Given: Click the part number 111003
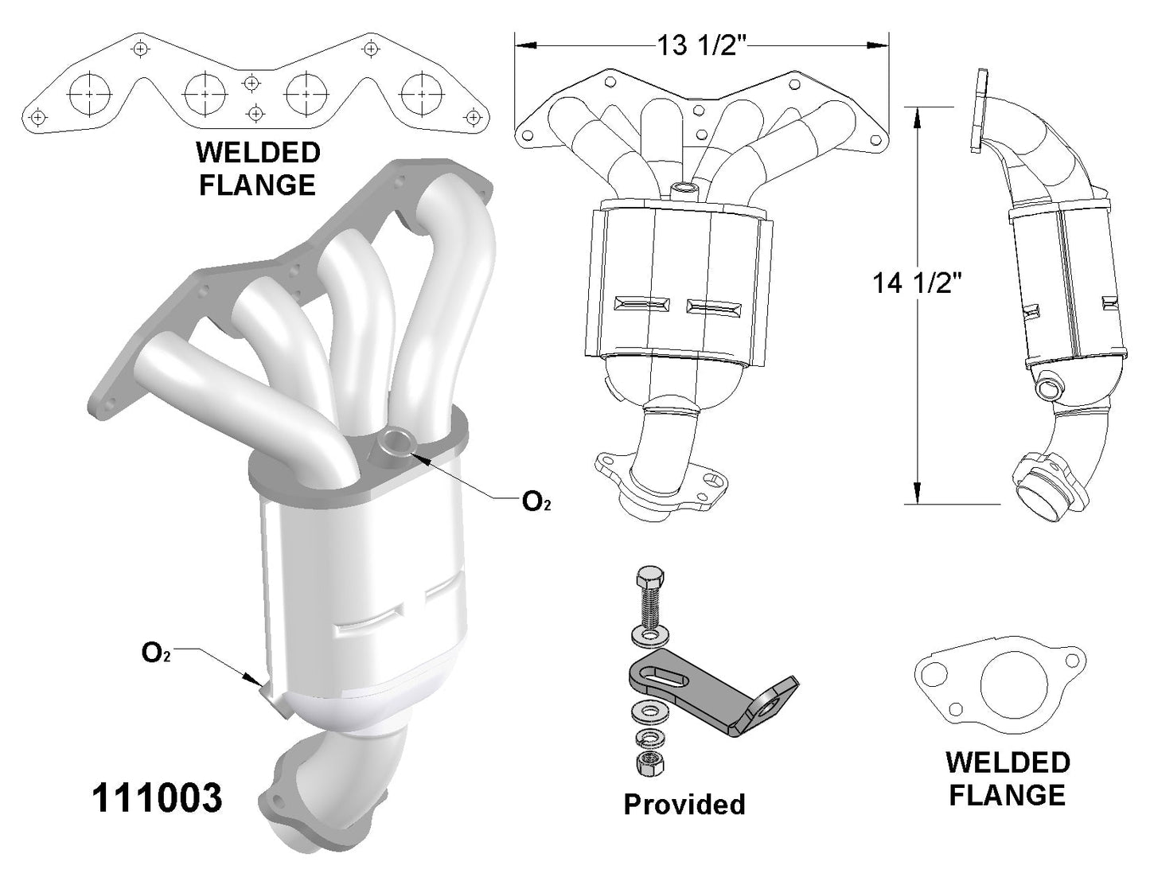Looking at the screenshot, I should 158,797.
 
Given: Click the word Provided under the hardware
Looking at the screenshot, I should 684,804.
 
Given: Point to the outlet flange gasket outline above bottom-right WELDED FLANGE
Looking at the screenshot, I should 1000,681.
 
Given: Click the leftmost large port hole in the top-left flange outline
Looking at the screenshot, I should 89,94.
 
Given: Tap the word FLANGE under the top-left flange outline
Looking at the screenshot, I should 256,185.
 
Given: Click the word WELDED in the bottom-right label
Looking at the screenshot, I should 1008,762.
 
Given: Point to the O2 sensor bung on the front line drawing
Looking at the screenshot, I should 683,189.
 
